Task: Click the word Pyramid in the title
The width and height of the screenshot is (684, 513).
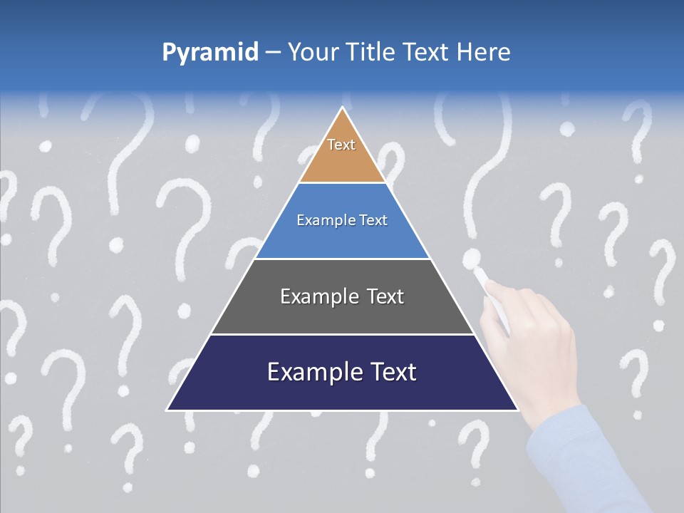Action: [210, 52]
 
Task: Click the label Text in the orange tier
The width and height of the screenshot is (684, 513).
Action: [341, 145]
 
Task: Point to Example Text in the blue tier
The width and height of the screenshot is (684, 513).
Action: [342, 220]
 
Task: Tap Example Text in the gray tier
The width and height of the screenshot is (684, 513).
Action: [342, 296]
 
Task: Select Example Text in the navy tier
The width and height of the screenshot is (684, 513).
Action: [342, 372]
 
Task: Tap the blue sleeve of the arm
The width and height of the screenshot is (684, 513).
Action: [591, 463]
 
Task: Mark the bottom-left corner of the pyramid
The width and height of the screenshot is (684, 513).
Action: [167, 410]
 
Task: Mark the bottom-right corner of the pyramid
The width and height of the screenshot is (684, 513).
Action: [518, 410]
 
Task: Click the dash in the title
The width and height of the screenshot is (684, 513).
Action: [273, 52]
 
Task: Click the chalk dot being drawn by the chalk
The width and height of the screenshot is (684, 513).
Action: [471, 259]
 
